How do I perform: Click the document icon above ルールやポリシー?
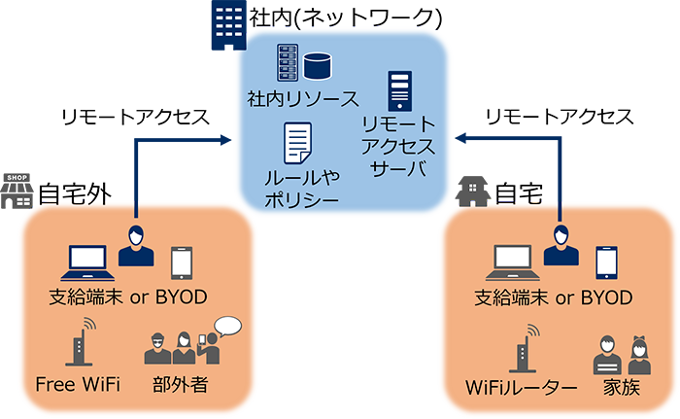click(x=297, y=144)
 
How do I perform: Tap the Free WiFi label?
click(x=77, y=382)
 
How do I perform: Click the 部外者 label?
click(x=180, y=382)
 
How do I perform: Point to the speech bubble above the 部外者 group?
click(x=227, y=326)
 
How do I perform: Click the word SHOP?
click(x=17, y=178)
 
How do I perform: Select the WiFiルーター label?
click(x=521, y=388)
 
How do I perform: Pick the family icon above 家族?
click(x=620, y=355)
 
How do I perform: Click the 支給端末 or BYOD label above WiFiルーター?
click(x=552, y=297)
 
